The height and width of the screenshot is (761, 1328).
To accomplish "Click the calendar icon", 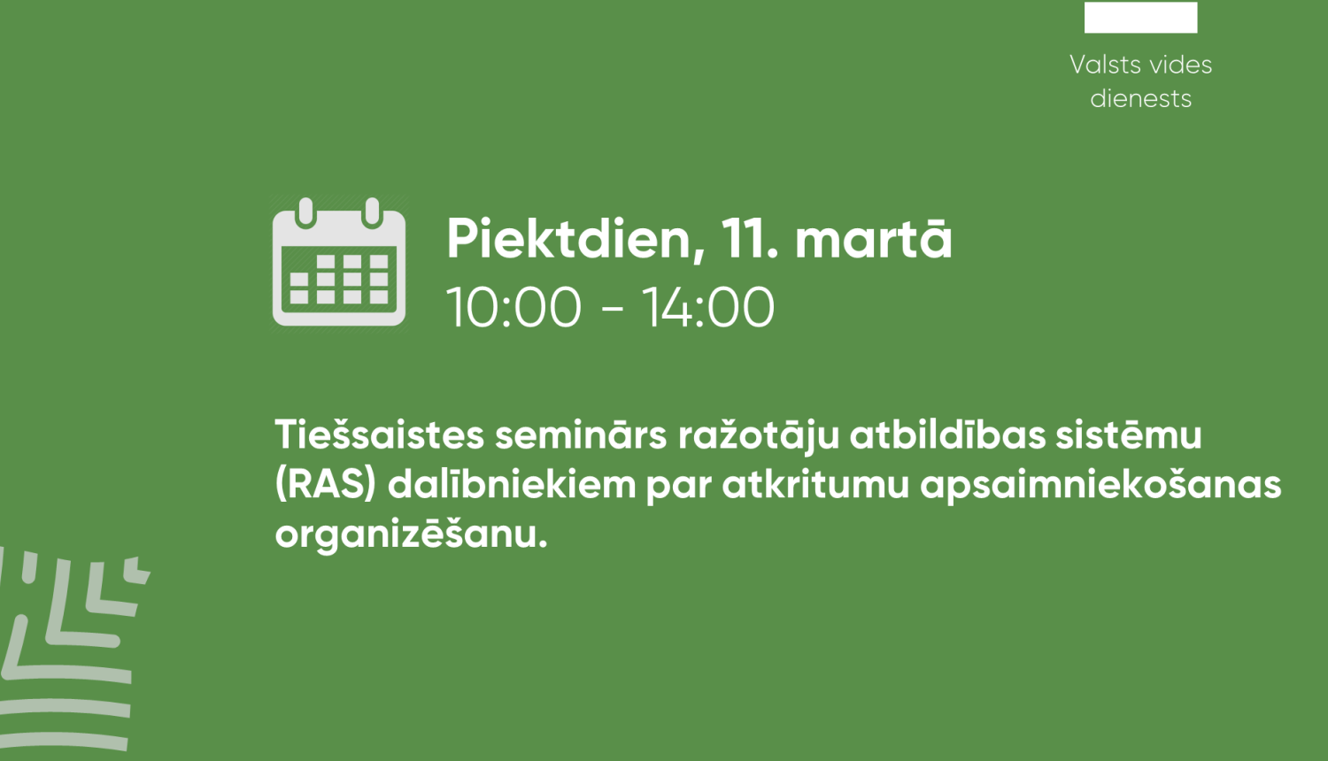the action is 339,262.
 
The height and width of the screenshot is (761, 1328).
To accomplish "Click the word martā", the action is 873,239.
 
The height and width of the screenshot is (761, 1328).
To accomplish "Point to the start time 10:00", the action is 513,307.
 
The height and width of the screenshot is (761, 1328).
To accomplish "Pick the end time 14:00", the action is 708,307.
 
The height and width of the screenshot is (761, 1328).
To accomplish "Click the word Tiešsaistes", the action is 380,434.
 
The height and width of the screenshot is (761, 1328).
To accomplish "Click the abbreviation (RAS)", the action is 326,485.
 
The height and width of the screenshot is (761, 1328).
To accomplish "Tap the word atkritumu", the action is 815,485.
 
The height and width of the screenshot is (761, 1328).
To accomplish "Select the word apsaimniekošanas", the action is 1101,486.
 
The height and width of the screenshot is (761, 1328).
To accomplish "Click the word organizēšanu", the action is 411,534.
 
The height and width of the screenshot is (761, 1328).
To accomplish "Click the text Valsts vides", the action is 1140,65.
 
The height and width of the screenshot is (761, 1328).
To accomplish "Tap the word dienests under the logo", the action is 1140,98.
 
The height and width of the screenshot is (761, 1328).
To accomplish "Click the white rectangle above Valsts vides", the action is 1140,17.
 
